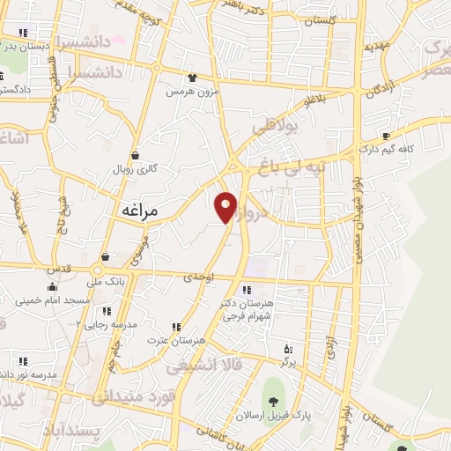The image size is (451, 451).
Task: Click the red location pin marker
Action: [x=226, y=207]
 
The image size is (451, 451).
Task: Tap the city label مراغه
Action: [x=136, y=211]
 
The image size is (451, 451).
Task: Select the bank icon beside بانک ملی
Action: [x=106, y=257]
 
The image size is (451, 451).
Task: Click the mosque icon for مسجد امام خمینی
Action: [x=52, y=286]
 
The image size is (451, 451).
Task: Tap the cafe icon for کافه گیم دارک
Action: [x=386, y=136]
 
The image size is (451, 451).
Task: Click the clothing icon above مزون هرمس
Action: [x=193, y=78]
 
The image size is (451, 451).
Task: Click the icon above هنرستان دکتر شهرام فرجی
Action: [x=246, y=289]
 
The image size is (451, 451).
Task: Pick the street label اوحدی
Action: [x=198, y=277]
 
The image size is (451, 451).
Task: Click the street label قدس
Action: [x=59, y=266]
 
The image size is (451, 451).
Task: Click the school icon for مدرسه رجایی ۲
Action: [x=107, y=311]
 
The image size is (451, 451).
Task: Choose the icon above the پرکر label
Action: [x=286, y=350]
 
